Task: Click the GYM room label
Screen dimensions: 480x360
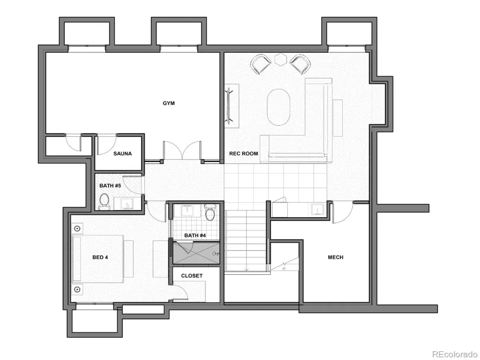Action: (168, 103)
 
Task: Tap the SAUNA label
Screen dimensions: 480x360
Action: (122, 154)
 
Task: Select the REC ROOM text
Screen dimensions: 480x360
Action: (243, 154)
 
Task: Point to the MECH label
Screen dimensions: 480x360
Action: (336, 257)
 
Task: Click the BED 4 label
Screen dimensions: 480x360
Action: (100, 257)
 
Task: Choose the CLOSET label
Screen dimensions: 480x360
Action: (192, 276)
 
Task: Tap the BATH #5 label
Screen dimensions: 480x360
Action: (110, 186)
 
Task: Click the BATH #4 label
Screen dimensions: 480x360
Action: (195, 236)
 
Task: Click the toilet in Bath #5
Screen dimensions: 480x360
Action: (104, 201)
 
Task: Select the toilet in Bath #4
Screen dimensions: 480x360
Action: (210, 212)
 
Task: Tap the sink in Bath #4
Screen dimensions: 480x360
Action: (188, 210)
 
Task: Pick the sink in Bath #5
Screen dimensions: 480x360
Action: (127, 204)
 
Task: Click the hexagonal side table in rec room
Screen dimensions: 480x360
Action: (280, 59)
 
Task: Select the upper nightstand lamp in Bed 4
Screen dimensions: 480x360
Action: (77, 229)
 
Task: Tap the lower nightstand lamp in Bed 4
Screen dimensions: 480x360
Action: (77, 290)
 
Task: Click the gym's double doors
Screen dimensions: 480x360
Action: (182, 151)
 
